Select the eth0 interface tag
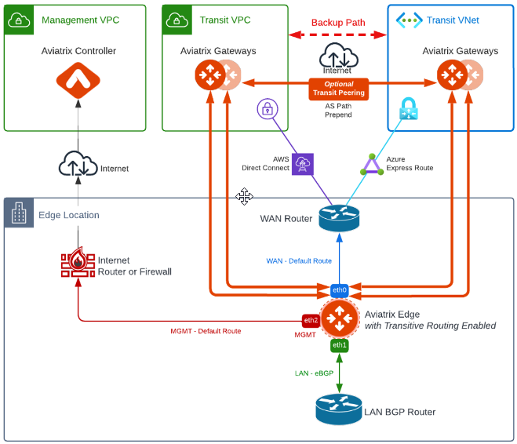[339, 289]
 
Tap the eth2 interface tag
[311, 320]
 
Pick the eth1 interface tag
[339, 345]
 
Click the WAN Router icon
[339, 218]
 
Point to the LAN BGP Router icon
[339, 409]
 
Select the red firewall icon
[78, 264]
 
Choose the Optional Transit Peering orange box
[339, 89]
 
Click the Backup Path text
[339, 23]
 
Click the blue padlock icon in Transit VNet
[409, 109]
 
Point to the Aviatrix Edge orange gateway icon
[340, 318]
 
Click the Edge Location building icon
[18, 213]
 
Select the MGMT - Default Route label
[206, 331]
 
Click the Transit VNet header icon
[409, 20]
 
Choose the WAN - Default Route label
[299, 261]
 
